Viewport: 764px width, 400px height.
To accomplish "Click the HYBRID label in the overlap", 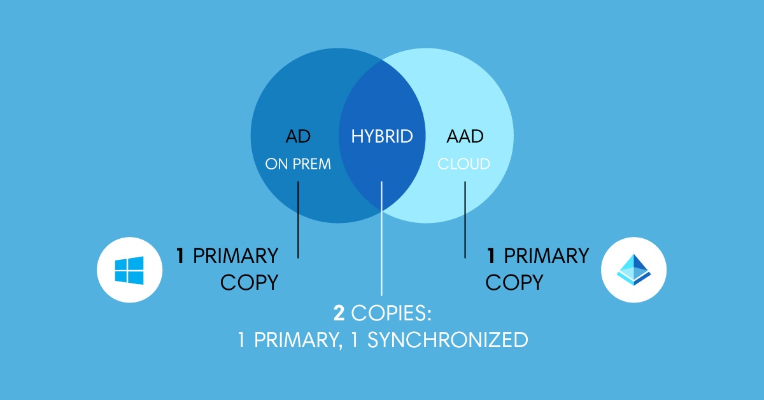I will click(x=382, y=136).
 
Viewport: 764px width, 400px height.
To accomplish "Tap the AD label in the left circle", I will click(x=299, y=136).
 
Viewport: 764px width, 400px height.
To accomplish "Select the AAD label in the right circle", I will click(x=465, y=136).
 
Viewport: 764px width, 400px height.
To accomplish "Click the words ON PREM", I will click(x=298, y=164).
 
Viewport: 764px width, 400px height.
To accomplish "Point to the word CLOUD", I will click(x=464, y=164).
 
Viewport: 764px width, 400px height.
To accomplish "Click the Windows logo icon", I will click(x=129, y=270).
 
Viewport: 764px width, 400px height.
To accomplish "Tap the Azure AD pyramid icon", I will click(x=633, y=270).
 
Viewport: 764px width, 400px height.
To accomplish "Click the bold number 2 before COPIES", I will click(x=339, y=313).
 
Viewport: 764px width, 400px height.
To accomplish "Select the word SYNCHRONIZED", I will click(x=448, y=339).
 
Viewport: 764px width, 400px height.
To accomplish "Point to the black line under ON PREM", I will click(x=298, y=220).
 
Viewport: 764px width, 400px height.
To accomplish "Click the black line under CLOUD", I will click(x=465, y=220).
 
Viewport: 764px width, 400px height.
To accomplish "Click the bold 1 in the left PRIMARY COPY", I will click(x=181, y=256).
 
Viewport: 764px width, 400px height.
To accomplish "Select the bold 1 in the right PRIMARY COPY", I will click(x=492, y=256).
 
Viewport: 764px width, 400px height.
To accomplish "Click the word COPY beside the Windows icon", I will click(x=250, y=282).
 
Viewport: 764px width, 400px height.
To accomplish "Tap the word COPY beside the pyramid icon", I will click(x=514, y=282).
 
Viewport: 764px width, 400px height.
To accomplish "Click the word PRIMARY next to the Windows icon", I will click(x=236, y=256).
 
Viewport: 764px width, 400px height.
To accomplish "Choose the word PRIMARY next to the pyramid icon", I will click(x=546, y=256).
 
